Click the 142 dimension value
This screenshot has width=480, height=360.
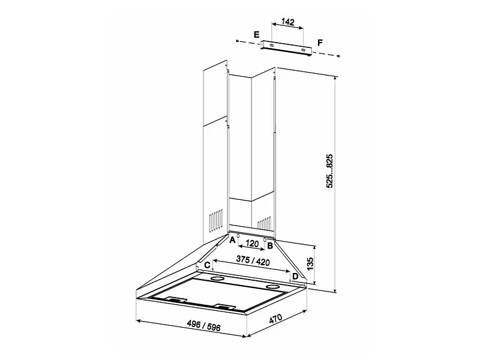288,22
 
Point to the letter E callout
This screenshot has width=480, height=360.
257,34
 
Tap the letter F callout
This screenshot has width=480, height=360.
320,43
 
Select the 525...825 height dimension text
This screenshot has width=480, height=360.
329,171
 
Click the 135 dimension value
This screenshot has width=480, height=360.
310,264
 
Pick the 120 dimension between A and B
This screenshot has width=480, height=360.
252,244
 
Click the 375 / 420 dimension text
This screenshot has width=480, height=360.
253,260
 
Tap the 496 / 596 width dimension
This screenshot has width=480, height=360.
203,325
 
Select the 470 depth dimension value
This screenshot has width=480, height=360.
275,319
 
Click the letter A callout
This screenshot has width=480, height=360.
232,239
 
